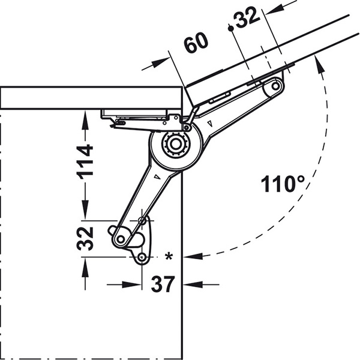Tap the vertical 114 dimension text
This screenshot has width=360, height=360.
[86, 160]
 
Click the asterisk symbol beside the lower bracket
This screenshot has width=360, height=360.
[169, 257]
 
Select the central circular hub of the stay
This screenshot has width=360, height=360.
[175, 145]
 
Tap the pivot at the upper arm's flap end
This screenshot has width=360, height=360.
[275, 87]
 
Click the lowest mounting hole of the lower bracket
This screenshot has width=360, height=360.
[142, 258]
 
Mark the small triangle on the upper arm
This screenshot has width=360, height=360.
[209, 124]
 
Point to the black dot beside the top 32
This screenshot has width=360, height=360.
[230, 28]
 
